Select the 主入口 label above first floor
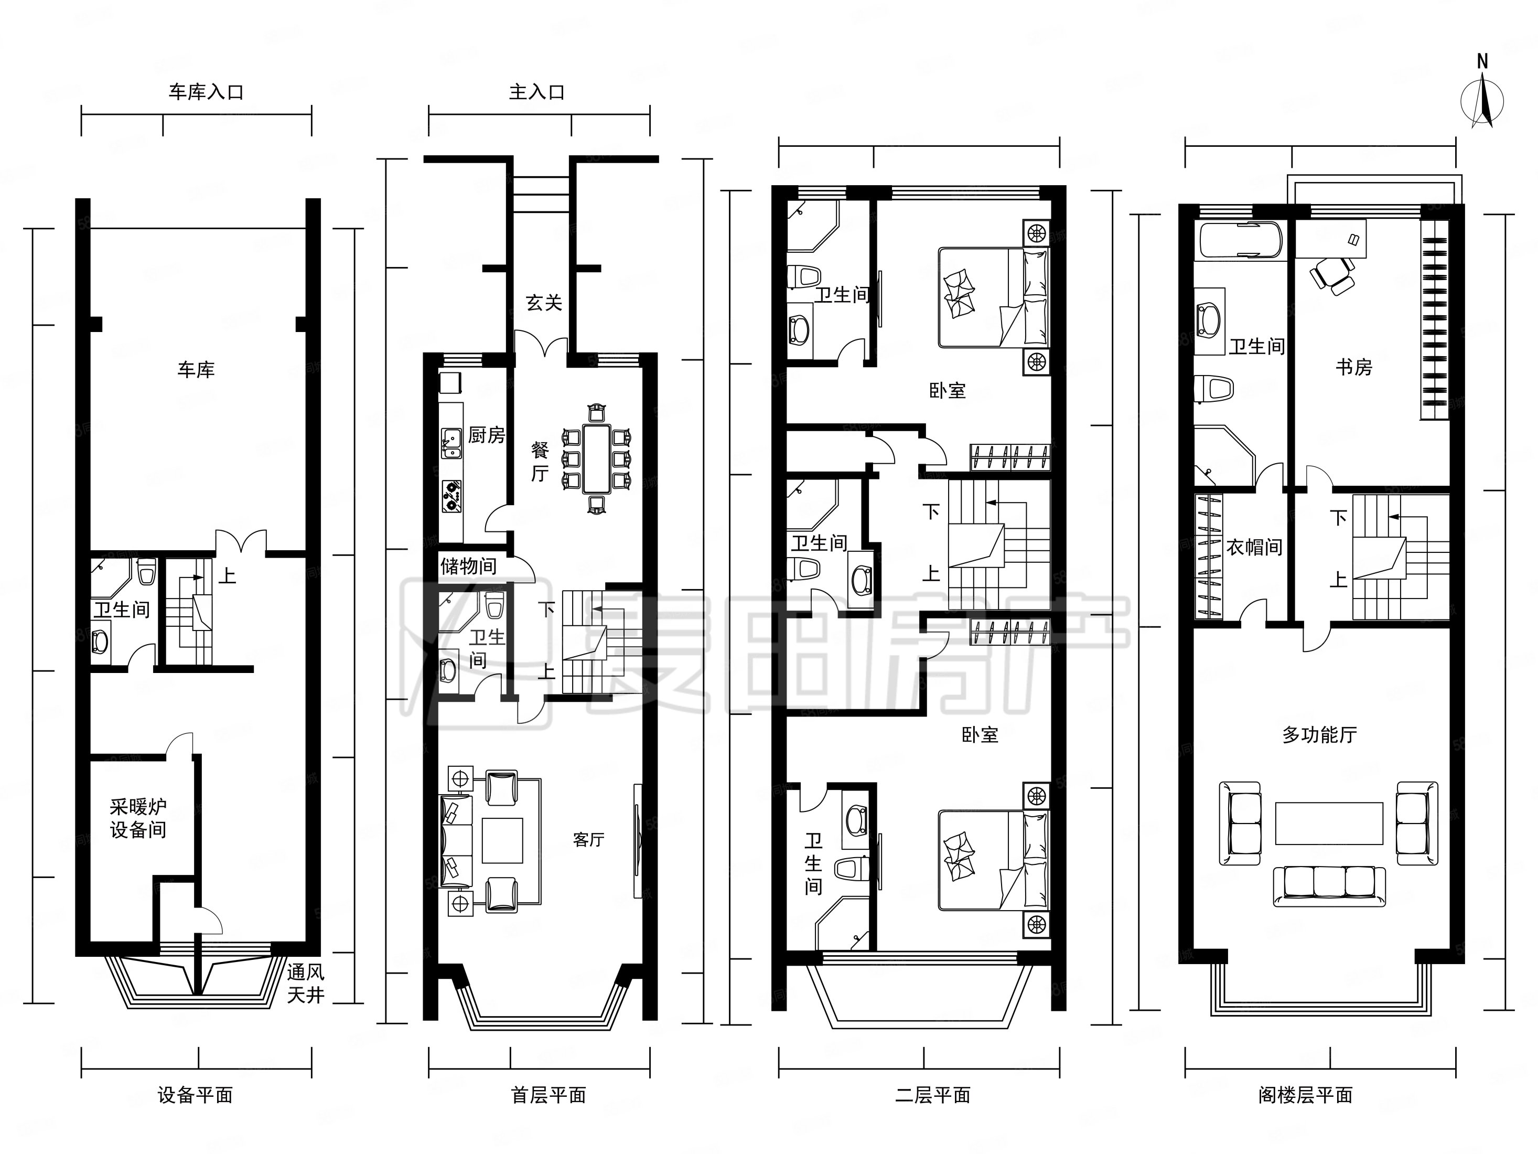coord(537,92)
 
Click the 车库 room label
coord(196,369)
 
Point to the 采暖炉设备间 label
coord(138,818)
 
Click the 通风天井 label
coord(306,984)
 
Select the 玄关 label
coord(544,303)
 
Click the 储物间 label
coord(469,566)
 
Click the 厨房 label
coord(486,435)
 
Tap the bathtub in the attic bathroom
coord(1240,241)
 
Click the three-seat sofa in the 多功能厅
coord(1329,886)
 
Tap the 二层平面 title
coord(932,1096)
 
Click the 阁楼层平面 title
coord(1305,1096)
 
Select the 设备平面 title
coord(196,1096)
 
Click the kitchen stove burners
coord(452,495)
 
